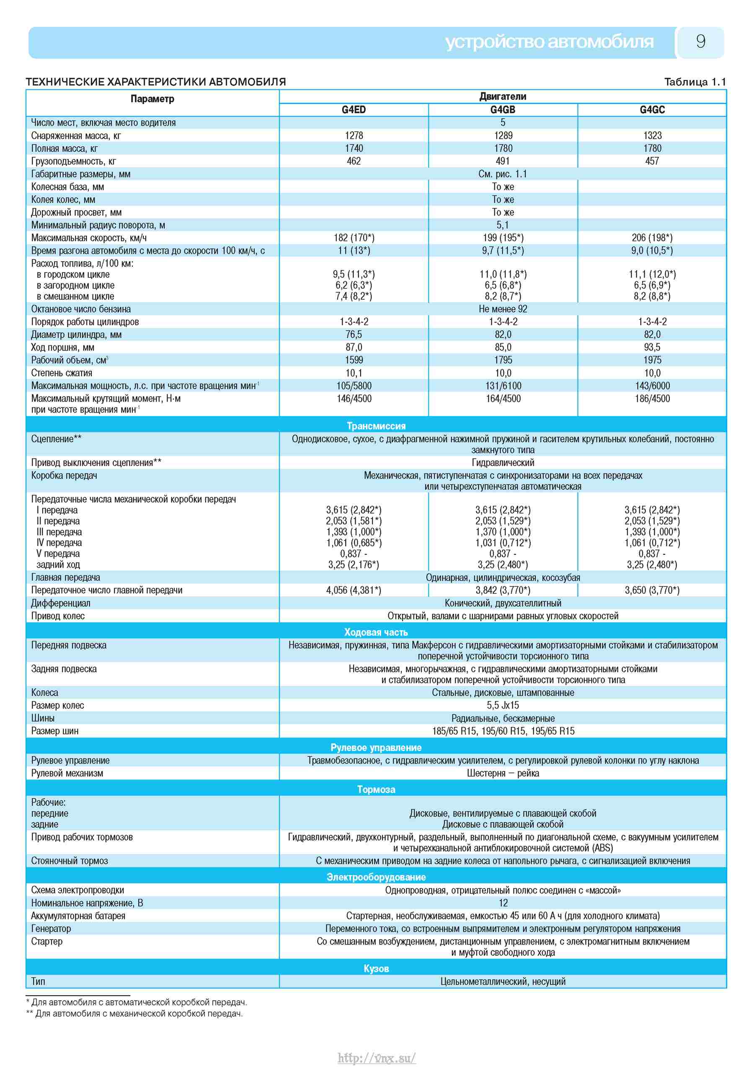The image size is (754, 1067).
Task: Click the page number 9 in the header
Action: (x=701, y=42)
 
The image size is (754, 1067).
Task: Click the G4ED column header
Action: (x=354, y=110)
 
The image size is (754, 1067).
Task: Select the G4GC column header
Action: (x=652, y=110)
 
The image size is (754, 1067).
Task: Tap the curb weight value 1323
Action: (x=652, y=136)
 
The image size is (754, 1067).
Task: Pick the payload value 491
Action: (x=503, y=161)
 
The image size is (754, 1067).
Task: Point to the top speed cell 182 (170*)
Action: (x=354, y=238)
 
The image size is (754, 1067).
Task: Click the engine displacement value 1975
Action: (x=652, y=360)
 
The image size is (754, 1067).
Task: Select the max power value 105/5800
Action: (x=354, y=386)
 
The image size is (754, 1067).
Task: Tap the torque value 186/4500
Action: (x=652, y=399)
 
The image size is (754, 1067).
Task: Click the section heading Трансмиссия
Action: (x=376, y=426)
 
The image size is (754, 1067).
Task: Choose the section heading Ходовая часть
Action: (x=376, y=633)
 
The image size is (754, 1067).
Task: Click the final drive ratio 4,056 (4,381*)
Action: (x=354, y=590)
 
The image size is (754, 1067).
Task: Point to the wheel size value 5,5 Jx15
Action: (x=503, y=706)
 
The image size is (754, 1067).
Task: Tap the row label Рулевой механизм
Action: (x=67, y=773)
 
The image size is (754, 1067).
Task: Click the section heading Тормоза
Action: (x=376, y=789)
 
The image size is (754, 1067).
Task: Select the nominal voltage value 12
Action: (x=503, y=903)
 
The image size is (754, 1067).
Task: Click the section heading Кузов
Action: (x=376, y=968)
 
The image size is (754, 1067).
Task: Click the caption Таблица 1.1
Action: (x=695, y=82)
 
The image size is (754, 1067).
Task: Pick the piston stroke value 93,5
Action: (x=652, y=348)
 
